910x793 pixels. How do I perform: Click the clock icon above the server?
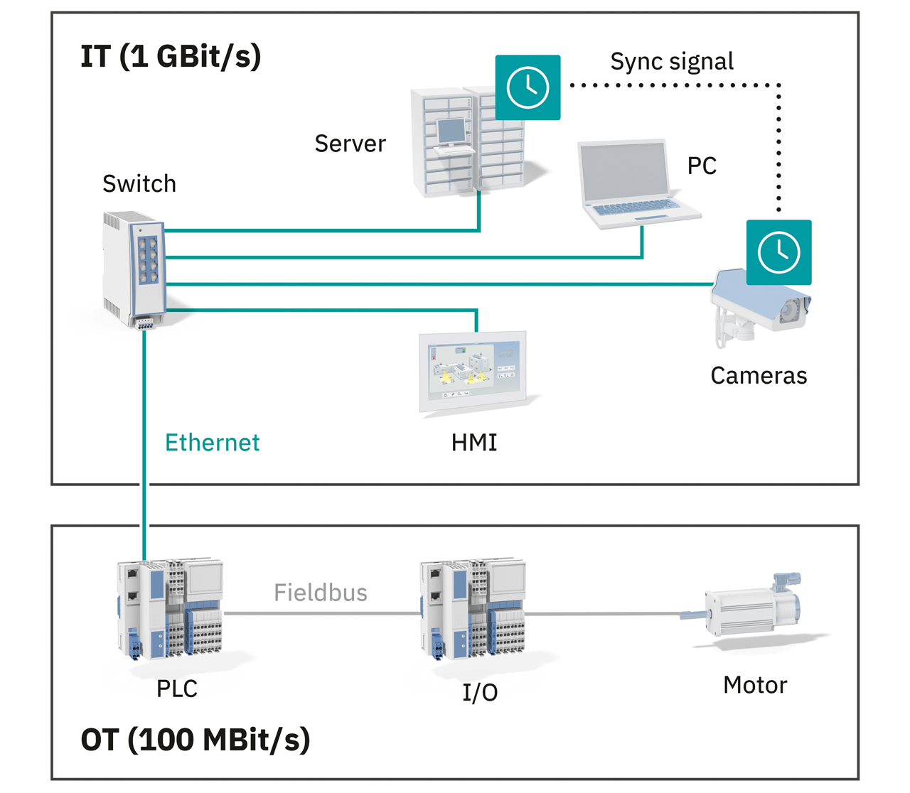point(528,87)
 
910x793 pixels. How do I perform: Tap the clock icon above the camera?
point(778,252)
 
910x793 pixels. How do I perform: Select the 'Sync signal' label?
point(672,62)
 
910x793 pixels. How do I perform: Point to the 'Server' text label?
point(350,144)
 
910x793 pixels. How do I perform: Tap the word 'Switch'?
point(139,184)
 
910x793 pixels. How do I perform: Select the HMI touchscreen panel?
point(473,371)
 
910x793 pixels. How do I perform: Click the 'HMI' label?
point(474,443)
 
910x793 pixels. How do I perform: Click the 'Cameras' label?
point(759,376)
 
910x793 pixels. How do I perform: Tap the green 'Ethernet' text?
point(212,443)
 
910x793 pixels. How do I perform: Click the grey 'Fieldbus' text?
point(321,593)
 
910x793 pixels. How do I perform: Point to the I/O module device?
point(473,609)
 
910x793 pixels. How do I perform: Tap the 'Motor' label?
point(755,686)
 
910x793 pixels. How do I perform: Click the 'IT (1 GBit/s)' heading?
point(171,57)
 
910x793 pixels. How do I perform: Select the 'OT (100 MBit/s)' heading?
point(196,740)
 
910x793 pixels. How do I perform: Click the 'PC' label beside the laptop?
point(702,166)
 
